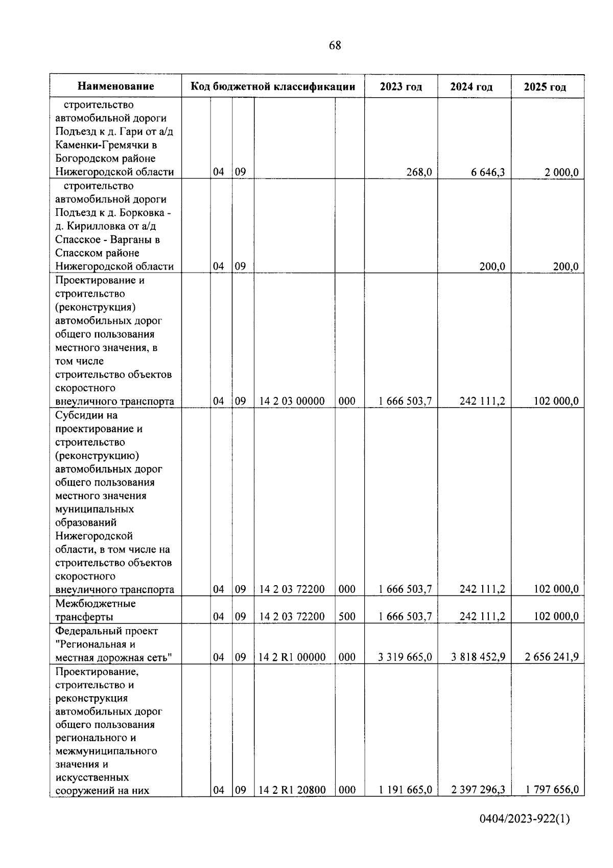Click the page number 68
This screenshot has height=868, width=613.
click(x=335, y=46)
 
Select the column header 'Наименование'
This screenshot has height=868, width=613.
click(x=116, y=86)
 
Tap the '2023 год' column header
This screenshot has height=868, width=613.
click(x=401, y=87)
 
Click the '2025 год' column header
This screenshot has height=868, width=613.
click(x=545, y=87)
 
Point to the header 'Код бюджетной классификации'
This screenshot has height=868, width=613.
click(x=273, y=86)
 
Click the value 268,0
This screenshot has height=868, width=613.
click(x=419, y=172)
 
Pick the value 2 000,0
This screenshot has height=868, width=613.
click(x=561, y=172)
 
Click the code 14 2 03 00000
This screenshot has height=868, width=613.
click(x=292, y=401)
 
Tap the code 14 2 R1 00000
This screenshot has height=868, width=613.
click(x=292, y=657)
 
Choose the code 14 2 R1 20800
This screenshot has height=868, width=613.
click(x=292, y=790)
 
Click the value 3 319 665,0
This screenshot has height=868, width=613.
click(x=405, y=657)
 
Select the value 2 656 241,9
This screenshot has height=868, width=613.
click(x=551, y=657)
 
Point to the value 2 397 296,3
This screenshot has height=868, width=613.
click(x=478, y=790)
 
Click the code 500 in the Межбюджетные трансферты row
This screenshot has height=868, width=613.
click(x=347, y=617)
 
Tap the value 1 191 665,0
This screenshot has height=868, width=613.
click(x=405, y=790)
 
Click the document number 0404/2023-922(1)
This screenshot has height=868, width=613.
click(x=524, y=819)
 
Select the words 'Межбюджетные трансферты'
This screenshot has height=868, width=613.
click(x=96, y=610)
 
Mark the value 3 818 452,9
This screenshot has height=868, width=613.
click(x=478, y=657)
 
